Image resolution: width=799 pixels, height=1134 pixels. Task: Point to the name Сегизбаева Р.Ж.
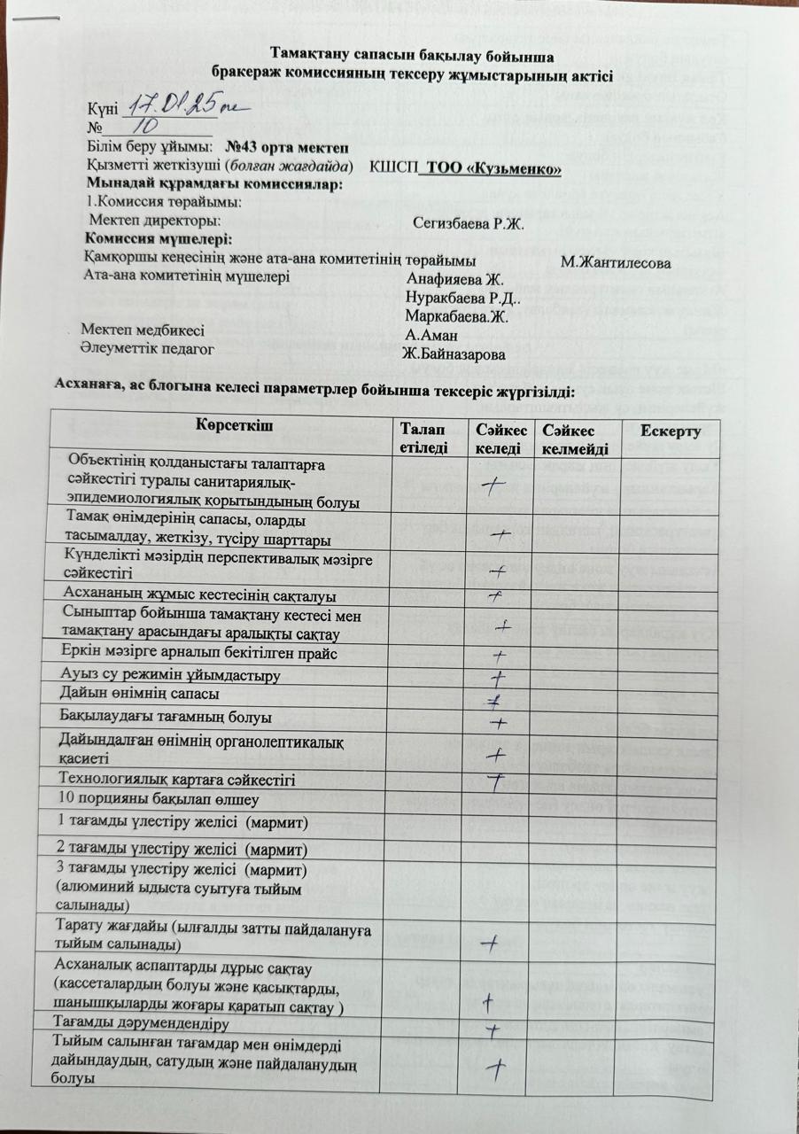(469, 222)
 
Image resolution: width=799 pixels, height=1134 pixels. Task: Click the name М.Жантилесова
(616, 262)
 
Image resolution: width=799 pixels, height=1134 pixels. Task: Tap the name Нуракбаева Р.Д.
(463, 298)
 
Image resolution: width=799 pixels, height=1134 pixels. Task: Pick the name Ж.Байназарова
(453, 354)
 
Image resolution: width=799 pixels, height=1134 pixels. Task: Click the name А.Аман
(431, 335)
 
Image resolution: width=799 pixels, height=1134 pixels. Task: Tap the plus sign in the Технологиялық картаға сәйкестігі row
(497, 781)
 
